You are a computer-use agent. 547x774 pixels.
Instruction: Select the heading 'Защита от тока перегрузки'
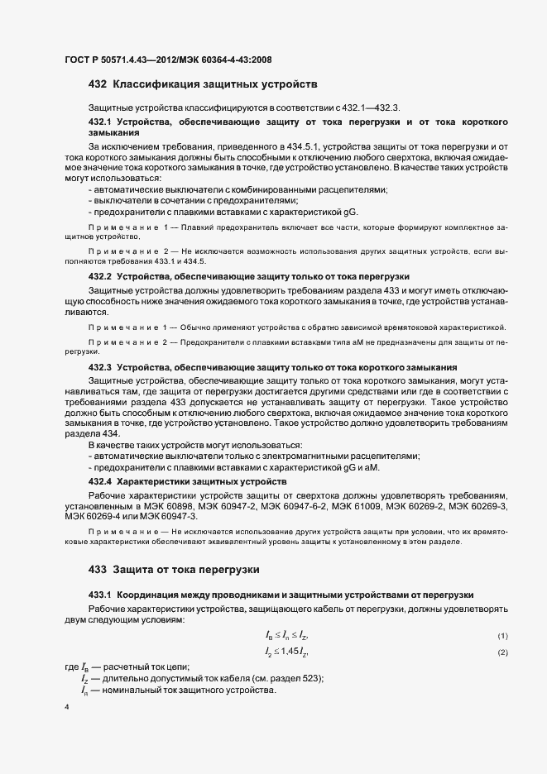pos(186,570)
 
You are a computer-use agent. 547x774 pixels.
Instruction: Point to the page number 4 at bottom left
pos(66,708)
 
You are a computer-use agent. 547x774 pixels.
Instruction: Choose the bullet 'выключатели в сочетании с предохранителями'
pos(185,201)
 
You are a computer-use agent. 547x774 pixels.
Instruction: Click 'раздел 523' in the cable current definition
pos(300,679)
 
